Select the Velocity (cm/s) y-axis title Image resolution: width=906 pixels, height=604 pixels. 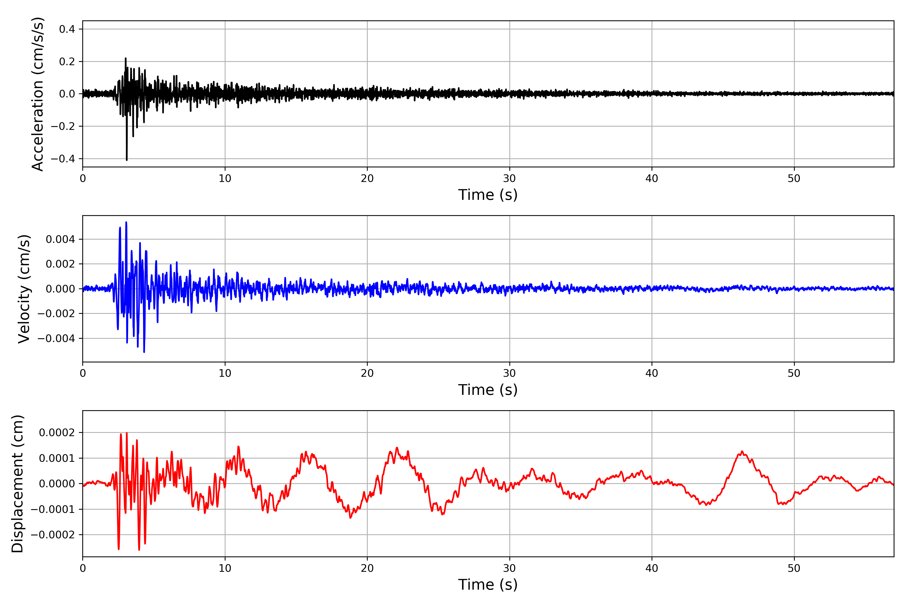click(24, 289)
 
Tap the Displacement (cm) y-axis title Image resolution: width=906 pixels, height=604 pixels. click(17, 484)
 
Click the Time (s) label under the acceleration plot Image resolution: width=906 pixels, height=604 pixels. click(488, 195)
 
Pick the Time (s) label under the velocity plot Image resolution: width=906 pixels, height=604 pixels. click(488, 390)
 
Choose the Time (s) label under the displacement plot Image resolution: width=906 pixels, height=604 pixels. click(488, 585)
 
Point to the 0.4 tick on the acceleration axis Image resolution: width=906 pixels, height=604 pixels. click(67, 29)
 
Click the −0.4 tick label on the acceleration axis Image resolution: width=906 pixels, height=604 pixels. click(63, 159)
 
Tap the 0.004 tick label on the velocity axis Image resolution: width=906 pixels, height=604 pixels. click(60, 240)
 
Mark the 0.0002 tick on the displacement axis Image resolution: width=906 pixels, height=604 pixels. click(57, 433)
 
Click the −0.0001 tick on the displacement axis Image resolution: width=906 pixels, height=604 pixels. click(53, 509)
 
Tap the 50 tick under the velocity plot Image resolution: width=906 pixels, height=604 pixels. click(794, 373)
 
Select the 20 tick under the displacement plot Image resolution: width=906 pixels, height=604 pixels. click(367, 568)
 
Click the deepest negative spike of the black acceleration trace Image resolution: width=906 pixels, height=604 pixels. click(127, 160)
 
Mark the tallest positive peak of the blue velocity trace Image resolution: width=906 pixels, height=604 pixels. click(126, 222)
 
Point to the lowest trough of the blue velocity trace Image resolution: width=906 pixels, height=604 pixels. click(144, 352)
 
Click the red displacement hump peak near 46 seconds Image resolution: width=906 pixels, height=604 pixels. click(742, 451)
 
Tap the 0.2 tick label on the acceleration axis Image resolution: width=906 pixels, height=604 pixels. click(67, 62)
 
